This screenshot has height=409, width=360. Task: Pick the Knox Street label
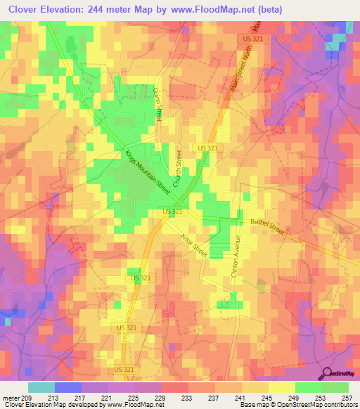click(x=195, y=246)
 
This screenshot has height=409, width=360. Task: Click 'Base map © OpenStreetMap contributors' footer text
click(x=297, y=405)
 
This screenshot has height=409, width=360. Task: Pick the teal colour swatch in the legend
click(x=41, y=387)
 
